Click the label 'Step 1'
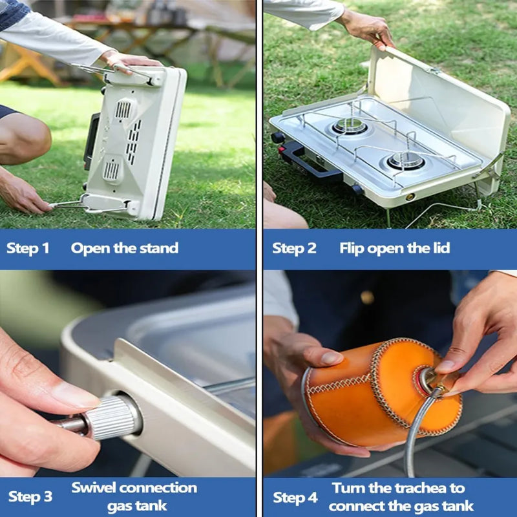pos(28,248)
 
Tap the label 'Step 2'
pos(294,248)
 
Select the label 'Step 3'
pos(30,496)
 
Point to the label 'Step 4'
pos(295,498)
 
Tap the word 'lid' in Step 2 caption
pos(441,248)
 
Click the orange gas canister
pos(383,392)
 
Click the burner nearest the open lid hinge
pos(350,125)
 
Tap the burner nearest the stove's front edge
pos(406,160)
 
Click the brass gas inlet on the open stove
pos(410,197)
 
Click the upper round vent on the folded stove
pos(123,109)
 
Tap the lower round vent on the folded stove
pos(112,170)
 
